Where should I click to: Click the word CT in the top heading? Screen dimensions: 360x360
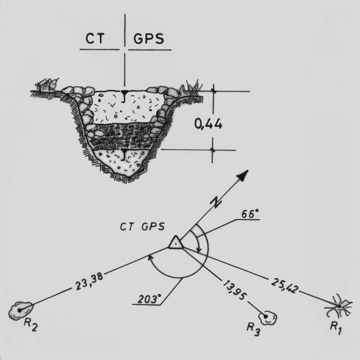(x=97, y=39)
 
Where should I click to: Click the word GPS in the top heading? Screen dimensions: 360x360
(x=149, y=39)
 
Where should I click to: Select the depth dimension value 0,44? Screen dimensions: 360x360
(x=208, y=124)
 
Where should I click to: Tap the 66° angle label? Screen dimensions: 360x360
(x=250, y=214)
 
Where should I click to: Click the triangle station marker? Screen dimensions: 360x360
(x=176, y=242)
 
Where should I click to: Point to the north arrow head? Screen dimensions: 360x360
(x=243, y=175)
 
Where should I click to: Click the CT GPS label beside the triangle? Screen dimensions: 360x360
(x=142, y=227)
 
